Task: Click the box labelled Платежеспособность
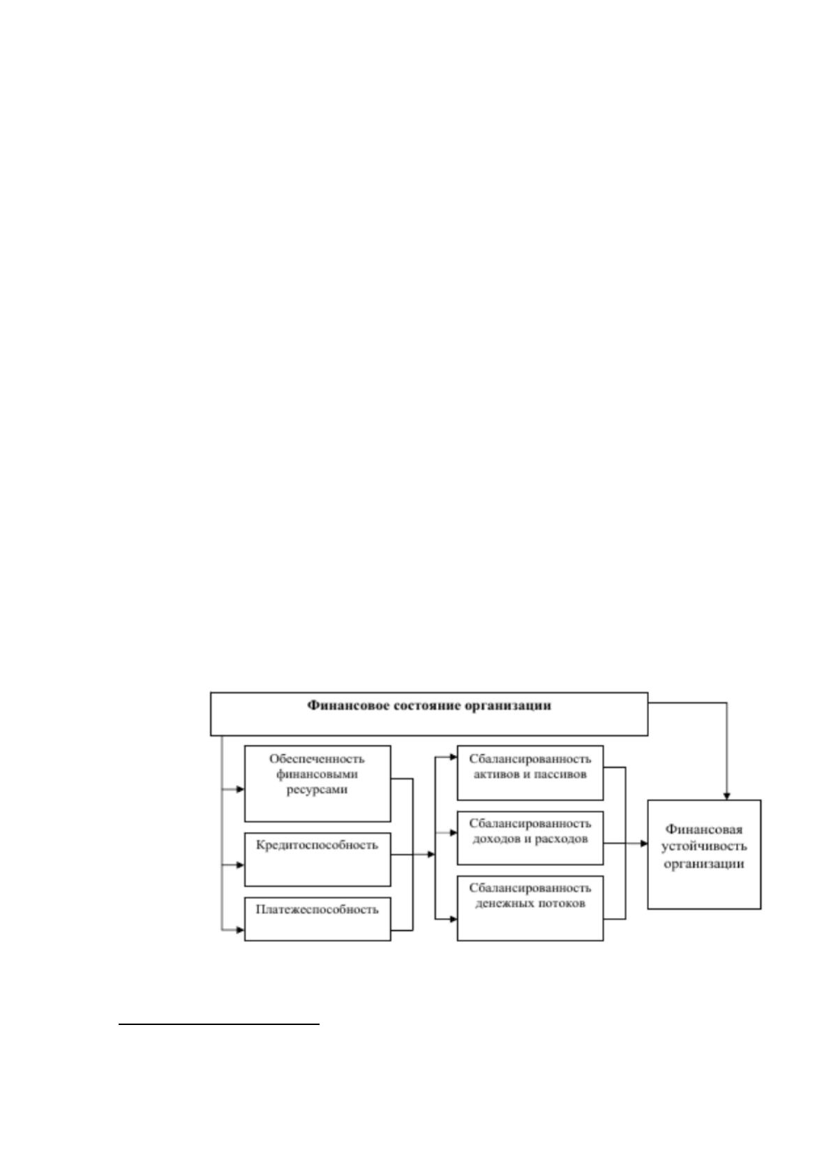(x=317, y=919)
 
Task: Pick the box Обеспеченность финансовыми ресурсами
(x=317, y=784)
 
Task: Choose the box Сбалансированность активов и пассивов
(x=530, y=772)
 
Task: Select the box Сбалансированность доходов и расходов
(x=530, y=838)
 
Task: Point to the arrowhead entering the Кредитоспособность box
(x=240, y=865)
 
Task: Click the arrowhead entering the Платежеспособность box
(x=240, y=930)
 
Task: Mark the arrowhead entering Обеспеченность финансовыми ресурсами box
(x=240, y=789)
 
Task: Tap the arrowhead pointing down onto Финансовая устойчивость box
(x=726, y=795)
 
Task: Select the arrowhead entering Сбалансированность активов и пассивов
(x=454, y=757)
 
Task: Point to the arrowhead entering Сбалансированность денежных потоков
(x=454, y=919)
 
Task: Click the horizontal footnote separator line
(x=219, y=1024)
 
